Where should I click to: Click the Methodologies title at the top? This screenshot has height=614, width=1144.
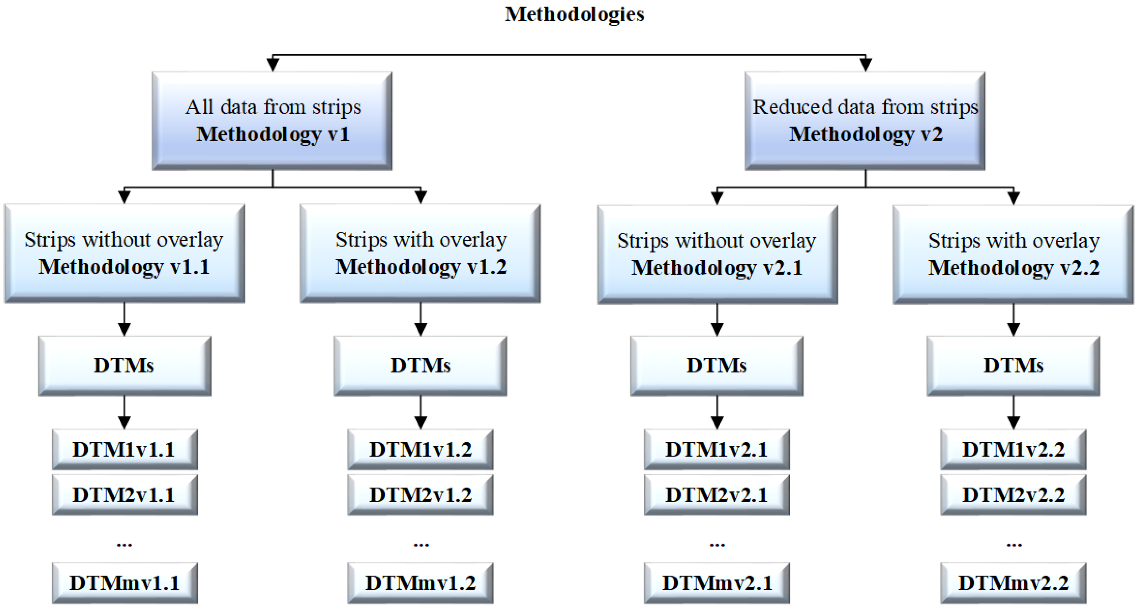pyautogui.click(x=574, y=14)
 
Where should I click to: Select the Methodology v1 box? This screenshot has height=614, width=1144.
pyautogui.click(x=272, y=121)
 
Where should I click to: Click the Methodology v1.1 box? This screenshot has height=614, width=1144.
pyautogui.click(x=124, y=253)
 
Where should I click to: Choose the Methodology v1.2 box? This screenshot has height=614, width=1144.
pyautogui.click(x=420, y=253)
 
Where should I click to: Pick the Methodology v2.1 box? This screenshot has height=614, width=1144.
pyautogui.click(x=717, y=254)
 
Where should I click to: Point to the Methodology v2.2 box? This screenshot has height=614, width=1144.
pyautogui.click(x=1013, y=254)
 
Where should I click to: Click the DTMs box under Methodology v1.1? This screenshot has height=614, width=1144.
pyautogui.click(x=124, y=366)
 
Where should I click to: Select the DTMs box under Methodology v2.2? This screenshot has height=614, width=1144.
pyautogui.click(x=1013, y=366)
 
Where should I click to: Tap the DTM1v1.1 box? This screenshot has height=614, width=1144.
pyautogui.click(x=124, y=449)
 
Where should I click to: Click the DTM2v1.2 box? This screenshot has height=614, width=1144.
pyautogui.click(x=420, y=495)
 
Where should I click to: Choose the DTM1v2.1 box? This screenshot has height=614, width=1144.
pyautogui.click(x=717, y=449)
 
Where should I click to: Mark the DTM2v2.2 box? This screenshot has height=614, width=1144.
pyautogui.click(x=1013, y=495)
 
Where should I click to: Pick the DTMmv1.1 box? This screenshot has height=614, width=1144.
pyautogui.click(x=124, y=582)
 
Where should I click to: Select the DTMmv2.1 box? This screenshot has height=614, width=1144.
pyautogui.click(x=717, y=582)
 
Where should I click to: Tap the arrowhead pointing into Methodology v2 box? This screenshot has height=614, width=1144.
pyautogui.click(x=865, y=65)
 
